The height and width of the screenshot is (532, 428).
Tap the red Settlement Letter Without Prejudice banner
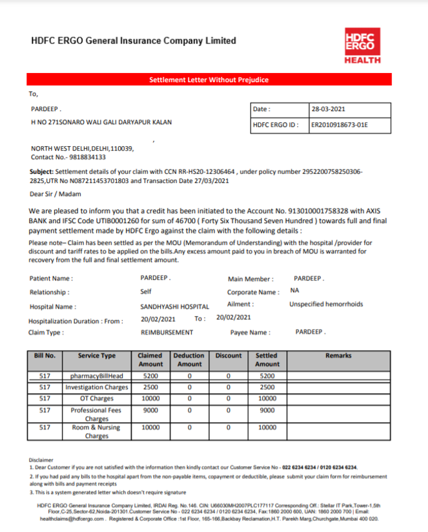point(209,80)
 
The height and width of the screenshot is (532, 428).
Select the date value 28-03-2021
point(328,109)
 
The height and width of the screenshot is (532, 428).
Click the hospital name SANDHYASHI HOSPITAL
point(175,307)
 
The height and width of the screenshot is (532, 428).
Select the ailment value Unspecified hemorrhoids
point(326,304)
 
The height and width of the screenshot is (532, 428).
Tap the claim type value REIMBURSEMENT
point(167,332)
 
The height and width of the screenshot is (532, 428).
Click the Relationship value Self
point(146,292)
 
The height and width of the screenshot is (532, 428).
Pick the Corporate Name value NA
point(294,291)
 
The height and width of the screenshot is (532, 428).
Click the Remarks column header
point(338,356)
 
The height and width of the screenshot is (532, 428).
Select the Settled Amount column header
point(267,360)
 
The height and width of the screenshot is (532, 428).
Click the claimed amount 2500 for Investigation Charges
point(150,387)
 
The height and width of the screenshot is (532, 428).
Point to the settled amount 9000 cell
point(267,410)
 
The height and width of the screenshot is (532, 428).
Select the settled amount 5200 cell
point(267,376)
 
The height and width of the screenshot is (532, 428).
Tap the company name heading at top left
point(134,41)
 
